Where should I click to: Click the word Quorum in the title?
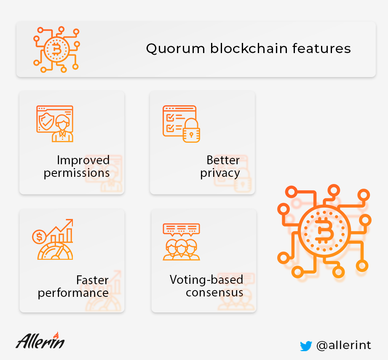click(175, 49)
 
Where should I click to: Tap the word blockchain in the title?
click(249, 48)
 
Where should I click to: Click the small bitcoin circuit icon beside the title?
click(57, 49)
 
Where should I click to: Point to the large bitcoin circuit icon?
click(324, 231)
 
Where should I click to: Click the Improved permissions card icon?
click(55, 124)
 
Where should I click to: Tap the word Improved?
click(83, 160)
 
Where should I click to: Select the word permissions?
click(77, 173)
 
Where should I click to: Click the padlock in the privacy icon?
click(191, 131)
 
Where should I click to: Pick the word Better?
click(223, 160)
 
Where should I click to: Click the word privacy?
click(220, 173)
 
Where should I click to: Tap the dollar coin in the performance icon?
click(39, 237)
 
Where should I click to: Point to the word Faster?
click(92, 280)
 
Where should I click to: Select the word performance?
click(73, 293)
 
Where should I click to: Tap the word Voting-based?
click(206, 280)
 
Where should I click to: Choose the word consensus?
click(214, 293)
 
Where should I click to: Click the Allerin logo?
click(40, 341)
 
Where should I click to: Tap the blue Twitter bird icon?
click(306, 346)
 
